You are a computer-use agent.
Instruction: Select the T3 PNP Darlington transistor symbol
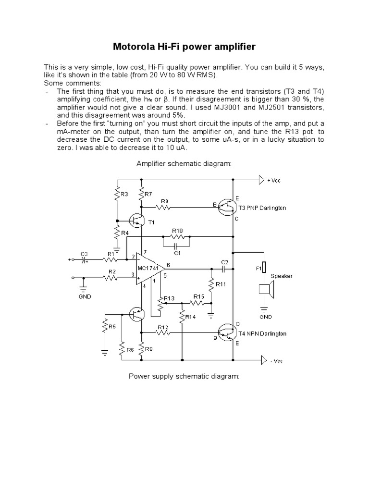(x=225, y=207)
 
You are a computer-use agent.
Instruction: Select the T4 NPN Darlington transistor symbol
(x=225, y=332)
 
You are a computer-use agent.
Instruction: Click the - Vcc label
(x=277, y=360)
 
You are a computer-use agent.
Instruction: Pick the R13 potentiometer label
(x=170, y=298)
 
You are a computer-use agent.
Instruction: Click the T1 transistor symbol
(x=138, y=221)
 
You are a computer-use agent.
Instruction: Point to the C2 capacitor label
(x=224, y=262)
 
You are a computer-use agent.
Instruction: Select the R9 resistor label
(x=164, y=201)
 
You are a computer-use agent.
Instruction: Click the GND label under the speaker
(x=265, y=317)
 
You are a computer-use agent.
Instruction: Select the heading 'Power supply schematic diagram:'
(x=184, y=376)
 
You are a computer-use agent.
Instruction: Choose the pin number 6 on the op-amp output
(x=168, y=265)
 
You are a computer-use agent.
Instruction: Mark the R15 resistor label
(x=199, y=296)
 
